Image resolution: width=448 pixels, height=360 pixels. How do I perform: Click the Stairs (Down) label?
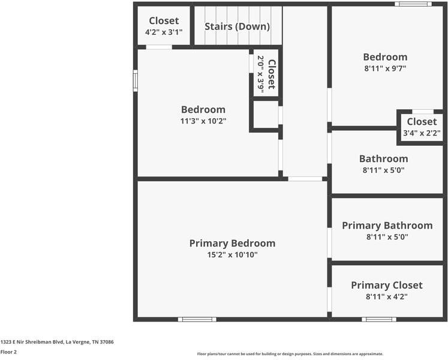pos(237,26)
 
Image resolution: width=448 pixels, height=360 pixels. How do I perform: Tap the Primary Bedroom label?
pos(232,243)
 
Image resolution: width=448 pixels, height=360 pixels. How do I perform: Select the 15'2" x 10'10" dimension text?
pos(232,255)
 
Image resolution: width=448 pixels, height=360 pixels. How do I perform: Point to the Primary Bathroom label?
pos(387,226)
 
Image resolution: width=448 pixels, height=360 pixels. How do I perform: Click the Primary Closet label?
pos(387,285)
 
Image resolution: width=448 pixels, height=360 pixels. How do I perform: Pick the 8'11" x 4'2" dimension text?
pos(387,296)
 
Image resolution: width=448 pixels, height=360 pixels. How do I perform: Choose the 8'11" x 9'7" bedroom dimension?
pos(384,68)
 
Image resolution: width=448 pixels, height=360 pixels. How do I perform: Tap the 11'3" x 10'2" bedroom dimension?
pos(203,121)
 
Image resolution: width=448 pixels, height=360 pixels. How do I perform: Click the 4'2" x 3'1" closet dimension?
pos(164,32)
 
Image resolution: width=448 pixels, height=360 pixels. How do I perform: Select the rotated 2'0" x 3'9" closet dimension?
pos(261,74)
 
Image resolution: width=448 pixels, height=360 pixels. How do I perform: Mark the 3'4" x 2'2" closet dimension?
pos(422,133)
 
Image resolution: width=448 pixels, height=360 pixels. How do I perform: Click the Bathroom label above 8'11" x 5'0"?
pos(383,159)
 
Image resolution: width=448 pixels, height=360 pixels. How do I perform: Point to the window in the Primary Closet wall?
pos(379,319)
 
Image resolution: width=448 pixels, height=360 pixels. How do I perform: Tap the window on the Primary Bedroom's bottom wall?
pos(197,319)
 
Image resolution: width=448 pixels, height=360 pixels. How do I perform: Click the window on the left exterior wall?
pos(136,80)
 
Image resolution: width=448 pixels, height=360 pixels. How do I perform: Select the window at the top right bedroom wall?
pos(413,4)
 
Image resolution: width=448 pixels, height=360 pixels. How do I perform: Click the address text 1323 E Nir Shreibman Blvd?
pos(57,342)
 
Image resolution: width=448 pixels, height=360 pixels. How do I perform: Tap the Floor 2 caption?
pos(8,352)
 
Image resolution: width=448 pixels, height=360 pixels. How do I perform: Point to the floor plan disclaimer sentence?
pos(290,354)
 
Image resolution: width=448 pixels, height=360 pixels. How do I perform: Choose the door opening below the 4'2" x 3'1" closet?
pos(159,47)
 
